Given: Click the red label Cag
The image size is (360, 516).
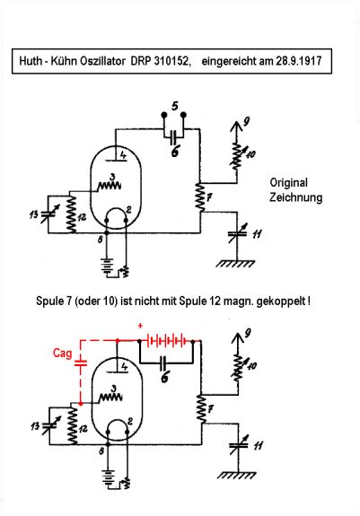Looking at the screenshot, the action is pos(62,354).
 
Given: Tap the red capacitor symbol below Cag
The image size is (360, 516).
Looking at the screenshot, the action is pos(81,363).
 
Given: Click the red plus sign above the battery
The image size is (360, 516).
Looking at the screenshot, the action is pos(141,326).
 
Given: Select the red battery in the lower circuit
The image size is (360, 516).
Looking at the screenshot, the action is pos(167,341).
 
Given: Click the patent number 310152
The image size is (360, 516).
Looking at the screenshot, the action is pos(172,61).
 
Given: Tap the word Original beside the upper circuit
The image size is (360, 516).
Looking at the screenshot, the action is pos(288,183).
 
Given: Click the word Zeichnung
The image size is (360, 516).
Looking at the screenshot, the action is pos(296,197).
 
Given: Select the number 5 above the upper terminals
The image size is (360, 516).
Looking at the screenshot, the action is pos(175,106).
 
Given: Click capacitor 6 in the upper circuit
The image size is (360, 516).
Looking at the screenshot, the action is pos(174,136).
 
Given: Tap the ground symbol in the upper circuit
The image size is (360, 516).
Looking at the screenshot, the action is pos(235,264).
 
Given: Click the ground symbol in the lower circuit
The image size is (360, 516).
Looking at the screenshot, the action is pos(237,476).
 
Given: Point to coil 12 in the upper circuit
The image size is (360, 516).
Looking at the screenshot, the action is pos(71,214).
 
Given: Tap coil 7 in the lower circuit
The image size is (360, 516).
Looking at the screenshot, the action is pos(201,409).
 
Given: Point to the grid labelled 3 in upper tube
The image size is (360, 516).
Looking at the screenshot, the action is pos(110,186).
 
